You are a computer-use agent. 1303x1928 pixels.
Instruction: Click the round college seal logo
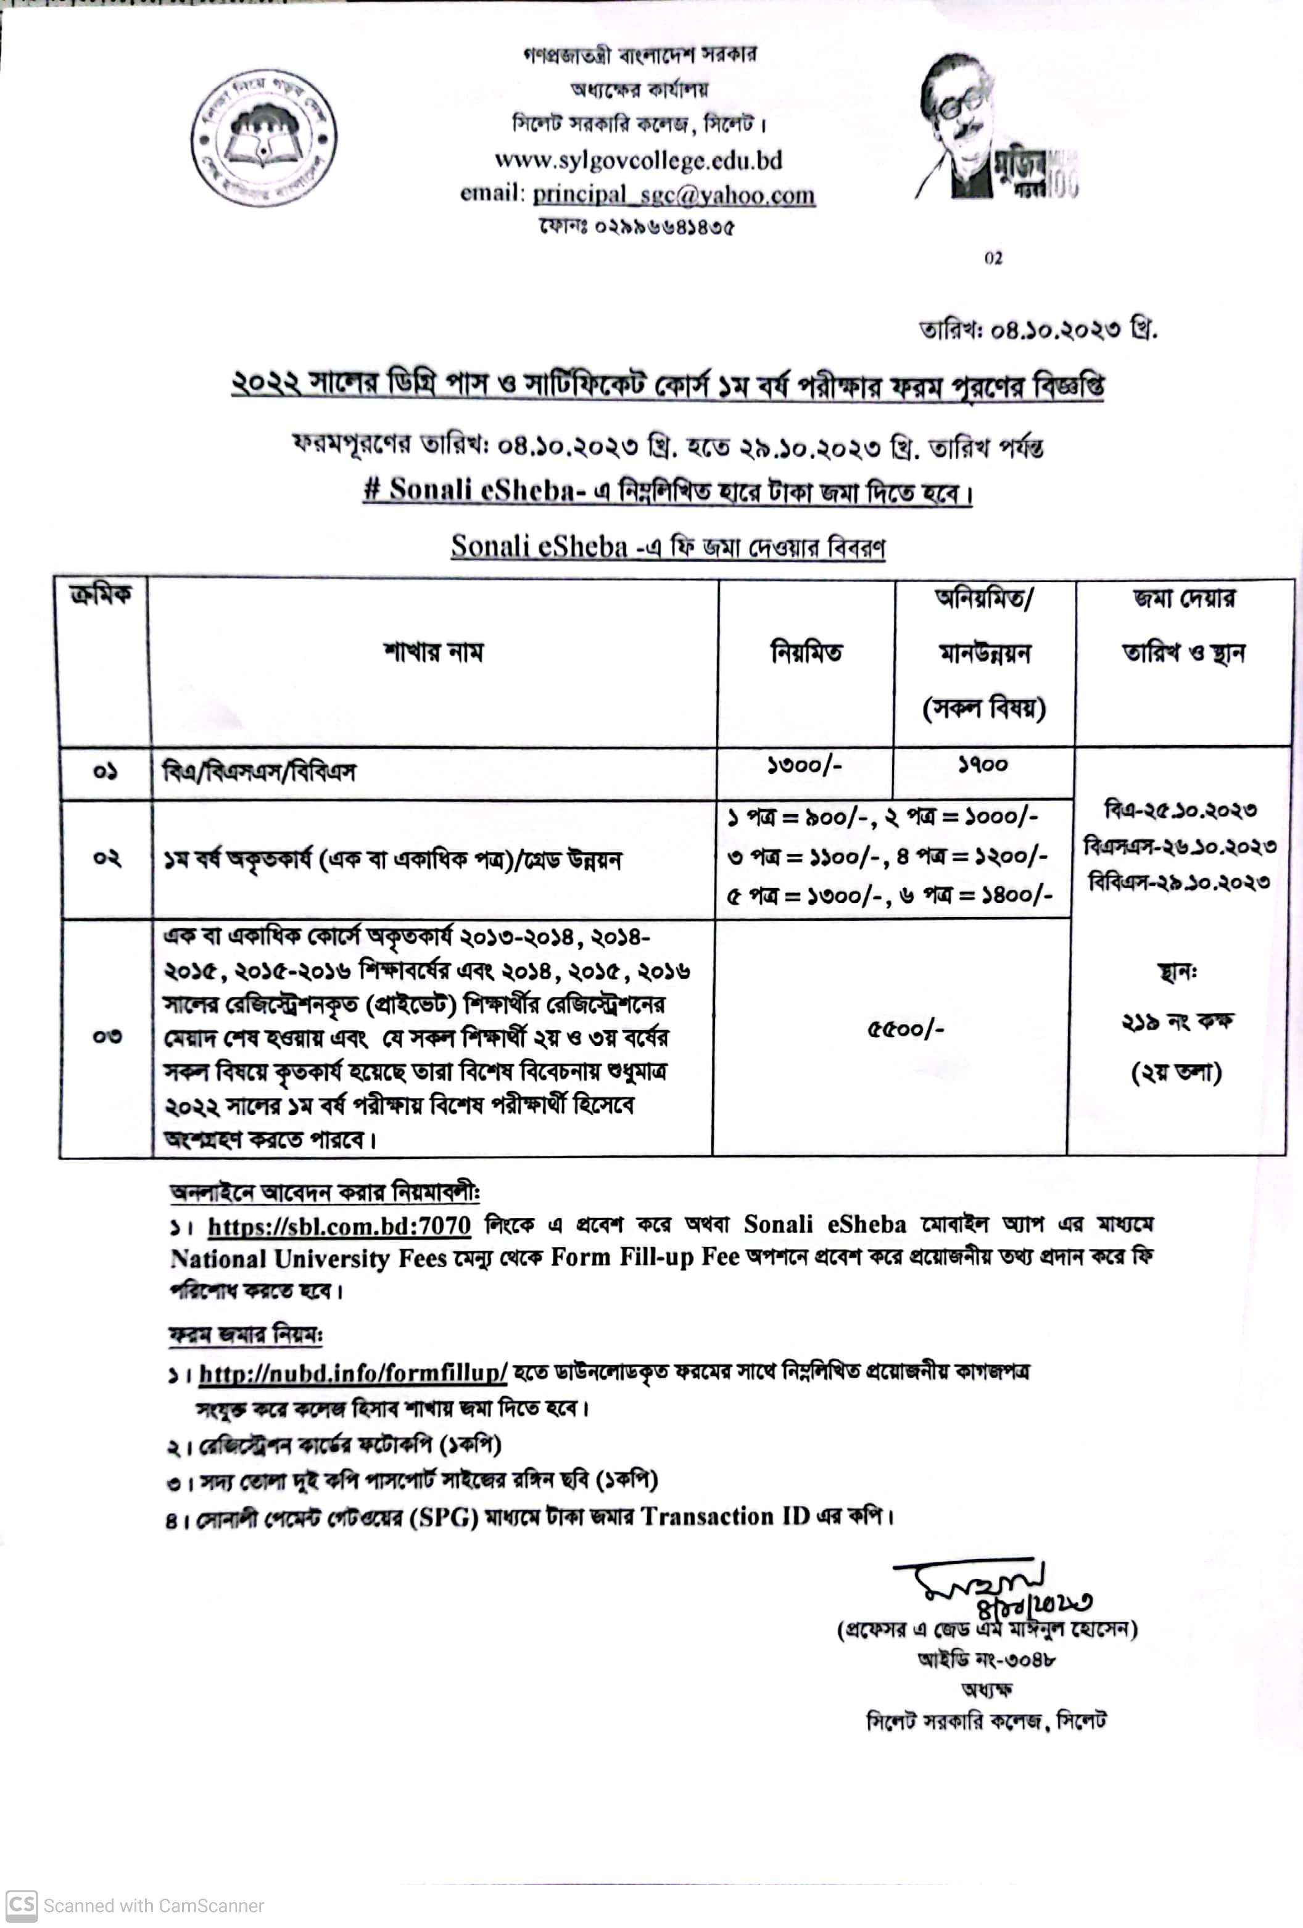[x=264, y=138]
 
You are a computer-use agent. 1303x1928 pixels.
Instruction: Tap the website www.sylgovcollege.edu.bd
[x=638, y=159]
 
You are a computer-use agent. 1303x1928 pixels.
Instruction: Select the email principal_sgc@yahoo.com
[x=673, y=194]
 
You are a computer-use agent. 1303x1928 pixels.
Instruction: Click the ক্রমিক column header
[x=101, y=595]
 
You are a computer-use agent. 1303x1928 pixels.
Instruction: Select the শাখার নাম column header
[x=432, y=652]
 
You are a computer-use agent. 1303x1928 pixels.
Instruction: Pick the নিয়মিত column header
[x=806, y=652]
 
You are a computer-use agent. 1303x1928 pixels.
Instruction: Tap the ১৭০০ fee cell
[x=983, y=765]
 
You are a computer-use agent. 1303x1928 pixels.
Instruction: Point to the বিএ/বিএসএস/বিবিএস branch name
[x=259, y=772]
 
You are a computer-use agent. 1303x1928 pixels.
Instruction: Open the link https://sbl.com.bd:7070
[x=339, y=1226]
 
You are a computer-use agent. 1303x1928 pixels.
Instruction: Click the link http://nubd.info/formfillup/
[x=353, y=1373]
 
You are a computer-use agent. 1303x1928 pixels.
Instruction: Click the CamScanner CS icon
[x=22, y=1905]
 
